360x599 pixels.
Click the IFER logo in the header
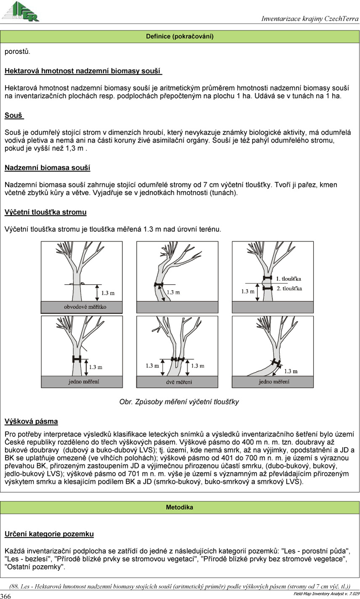pos(21,11)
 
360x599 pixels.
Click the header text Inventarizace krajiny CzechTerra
pos(310,19)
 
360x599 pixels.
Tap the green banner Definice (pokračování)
pos(180,37)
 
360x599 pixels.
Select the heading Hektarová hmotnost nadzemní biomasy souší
pos(83,71)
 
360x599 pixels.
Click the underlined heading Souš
pos(14,115)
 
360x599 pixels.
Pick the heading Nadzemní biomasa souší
pos(47,168)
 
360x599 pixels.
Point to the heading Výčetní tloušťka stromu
pos(45,212)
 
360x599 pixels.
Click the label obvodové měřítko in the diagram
pos(82,307)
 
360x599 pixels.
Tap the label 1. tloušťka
pos(289,278)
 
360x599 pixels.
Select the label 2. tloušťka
pos(289,289)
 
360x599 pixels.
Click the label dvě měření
pos(177,382)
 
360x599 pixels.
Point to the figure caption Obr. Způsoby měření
pos(179,402)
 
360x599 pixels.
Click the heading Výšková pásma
pos(31,421)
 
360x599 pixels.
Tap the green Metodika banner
pos(180,507)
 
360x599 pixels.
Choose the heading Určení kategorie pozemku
pos(49,534)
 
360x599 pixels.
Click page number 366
pos(5,596)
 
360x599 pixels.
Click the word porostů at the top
pos(17,52)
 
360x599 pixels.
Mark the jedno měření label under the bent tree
pos(274,382)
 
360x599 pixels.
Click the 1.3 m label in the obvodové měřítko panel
pos(108,292)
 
